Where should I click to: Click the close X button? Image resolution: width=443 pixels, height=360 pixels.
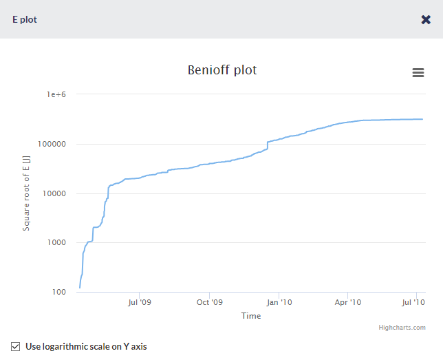coord(426,19)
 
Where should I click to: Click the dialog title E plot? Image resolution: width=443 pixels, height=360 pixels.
coord(25,19)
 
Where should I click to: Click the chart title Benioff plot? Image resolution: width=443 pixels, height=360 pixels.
coord(222,70)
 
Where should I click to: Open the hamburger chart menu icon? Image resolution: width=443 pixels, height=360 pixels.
coord(418,73)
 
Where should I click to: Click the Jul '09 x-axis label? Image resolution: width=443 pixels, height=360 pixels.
coord(140,302)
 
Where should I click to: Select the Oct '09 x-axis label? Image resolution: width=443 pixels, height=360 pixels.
coord(210,302)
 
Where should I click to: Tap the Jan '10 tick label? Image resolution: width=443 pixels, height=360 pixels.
coord(279,302)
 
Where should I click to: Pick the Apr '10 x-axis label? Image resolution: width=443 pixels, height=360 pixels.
coord(348,302)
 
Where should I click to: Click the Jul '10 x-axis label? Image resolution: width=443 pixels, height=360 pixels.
coord(414,302)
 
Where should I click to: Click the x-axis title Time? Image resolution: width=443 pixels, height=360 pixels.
coord(251,316)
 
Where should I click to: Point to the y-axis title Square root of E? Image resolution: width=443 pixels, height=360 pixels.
coord(26,193)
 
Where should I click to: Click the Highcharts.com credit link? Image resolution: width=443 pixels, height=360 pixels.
coord(402,328)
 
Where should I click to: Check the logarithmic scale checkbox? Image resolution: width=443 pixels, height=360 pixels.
coord(16,346)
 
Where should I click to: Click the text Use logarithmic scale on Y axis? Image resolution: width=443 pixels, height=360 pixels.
coord(86,346)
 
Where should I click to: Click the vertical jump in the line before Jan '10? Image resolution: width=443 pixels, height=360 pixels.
coord(267,145)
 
